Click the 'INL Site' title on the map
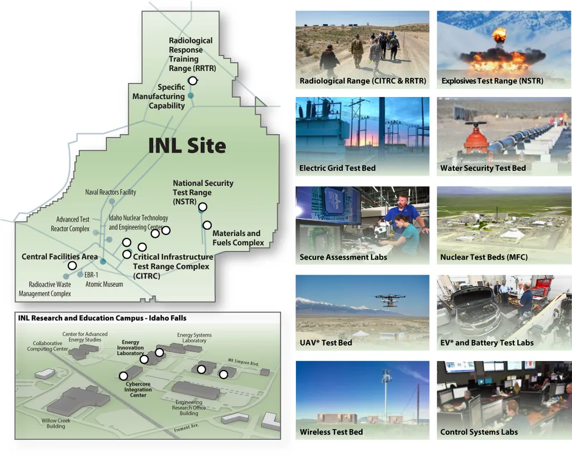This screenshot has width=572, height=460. [x=187, y=146]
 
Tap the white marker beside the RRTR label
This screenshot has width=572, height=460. [x=193, y=80]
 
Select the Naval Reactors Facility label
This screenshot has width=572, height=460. [x=111, y=192]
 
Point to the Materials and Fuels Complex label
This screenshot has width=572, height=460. [x=238, y=238]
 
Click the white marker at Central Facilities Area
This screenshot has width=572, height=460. [x=72, y=265]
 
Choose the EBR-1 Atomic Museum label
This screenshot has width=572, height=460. [x=104, y=280]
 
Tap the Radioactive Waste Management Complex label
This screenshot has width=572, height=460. [x=45, y=289]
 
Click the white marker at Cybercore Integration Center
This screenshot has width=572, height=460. [x=123, y=376]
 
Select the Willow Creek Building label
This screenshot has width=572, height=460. [x=55, y=423]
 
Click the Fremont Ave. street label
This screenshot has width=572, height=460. [x=186, y=428]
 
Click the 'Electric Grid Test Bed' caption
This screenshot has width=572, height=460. [x=337, y=168]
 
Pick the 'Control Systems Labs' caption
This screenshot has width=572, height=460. [x=479, y=432]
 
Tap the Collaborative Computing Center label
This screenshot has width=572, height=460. [x=47, y=346]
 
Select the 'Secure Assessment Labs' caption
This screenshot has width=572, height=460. [x=344, y=257]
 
